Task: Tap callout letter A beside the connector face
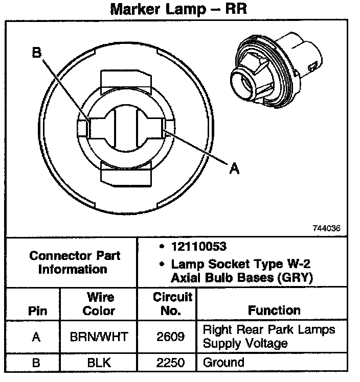tap(234, 169)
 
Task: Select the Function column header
tap(274, 310)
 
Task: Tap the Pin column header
tap(37, 311)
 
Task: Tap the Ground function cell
tap(223, 363)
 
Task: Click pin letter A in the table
tap(36, 337)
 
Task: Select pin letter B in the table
tap(36, 363)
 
